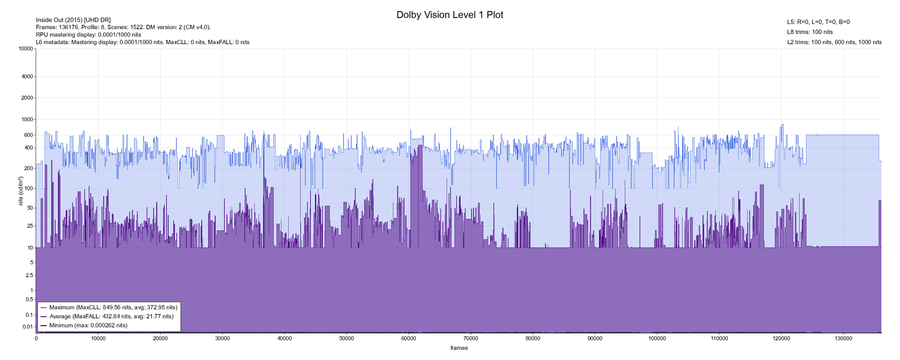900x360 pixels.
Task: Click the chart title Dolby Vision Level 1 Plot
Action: tap(450, 15)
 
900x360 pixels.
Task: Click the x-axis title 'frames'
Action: tap(459, 348)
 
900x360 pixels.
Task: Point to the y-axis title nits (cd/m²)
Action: tap(21, 191)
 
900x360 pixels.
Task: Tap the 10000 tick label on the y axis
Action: tap(25, 49)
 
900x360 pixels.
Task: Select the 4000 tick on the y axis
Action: tap(27, 76)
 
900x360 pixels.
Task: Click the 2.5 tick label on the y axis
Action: tap(29, 276)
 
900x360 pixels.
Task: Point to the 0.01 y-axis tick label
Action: tap(28, 327)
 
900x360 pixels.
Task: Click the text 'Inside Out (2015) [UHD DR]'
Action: tap(73, 20)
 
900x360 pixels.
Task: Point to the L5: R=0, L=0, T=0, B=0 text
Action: tap(818, 22)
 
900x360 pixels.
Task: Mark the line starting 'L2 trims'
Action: tap(834, 42)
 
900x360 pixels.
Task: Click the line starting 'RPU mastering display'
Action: tap(88, 34)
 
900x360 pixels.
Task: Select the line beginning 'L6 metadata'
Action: tap(142, 42)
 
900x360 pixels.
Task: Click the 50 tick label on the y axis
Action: tap(29, 208)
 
